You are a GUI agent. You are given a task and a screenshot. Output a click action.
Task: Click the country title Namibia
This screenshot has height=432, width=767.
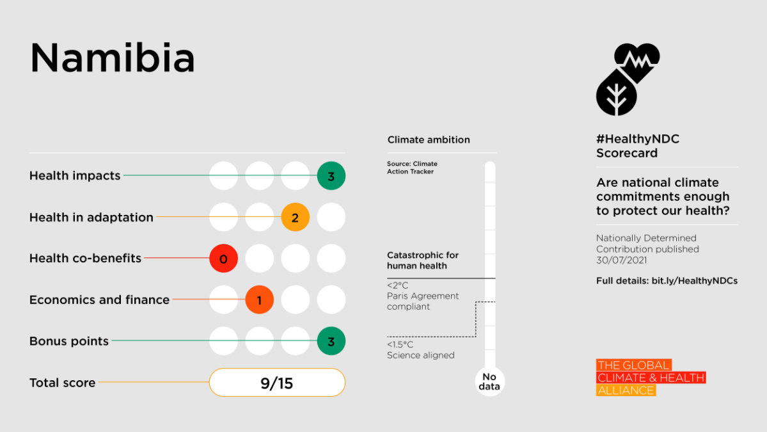pyautogui.click(x=113, y=58)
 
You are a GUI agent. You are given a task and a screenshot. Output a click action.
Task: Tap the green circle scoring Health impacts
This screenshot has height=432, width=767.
pyautogui.click(x=331, y=176)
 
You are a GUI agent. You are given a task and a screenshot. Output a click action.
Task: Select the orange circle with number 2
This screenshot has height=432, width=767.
pyautogui.click(x=295, y=218)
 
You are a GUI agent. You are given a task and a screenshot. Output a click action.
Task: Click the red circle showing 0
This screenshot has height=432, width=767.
pyautogui.click(x=223, y=259)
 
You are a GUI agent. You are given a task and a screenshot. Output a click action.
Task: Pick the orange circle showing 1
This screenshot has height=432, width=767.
pyautogui.click(x=259, y=300)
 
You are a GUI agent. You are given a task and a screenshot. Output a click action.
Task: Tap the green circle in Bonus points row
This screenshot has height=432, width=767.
pyautogui.click(x=331, y=342)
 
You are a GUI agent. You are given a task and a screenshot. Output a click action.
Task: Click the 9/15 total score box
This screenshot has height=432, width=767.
pyautogui.click(x=277, y=383)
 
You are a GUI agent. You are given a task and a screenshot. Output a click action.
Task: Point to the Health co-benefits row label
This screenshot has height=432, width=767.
pyautogui.click(x=85, y=259)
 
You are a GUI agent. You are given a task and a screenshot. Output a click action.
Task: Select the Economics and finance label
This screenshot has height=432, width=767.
pyautogui.click(x=99, y=300)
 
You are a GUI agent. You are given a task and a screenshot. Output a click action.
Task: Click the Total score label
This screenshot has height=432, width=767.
pyautogui.click(x=62, y=383)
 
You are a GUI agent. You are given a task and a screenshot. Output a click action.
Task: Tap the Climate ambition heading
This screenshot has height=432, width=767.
pyautogui.click(x=429, y=140)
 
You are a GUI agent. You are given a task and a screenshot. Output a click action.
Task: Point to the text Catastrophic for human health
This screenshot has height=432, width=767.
pyautogui.click(x=423, y=260)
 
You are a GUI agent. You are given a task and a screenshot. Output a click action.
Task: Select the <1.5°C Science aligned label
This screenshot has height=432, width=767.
pyautogui.click(x=420, y=350)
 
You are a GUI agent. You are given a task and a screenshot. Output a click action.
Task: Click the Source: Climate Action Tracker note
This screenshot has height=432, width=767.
pyautogui.click(x=412, y=168)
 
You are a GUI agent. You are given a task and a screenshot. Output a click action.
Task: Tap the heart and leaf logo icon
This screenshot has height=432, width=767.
pyautogui.click(x=628, y=79)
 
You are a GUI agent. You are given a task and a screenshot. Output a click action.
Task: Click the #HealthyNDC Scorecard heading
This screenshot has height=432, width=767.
pyautogui.click(x=638, y=146)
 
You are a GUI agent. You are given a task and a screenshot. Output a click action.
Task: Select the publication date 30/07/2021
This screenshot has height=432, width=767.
pyautogui.click(x=621, y=260)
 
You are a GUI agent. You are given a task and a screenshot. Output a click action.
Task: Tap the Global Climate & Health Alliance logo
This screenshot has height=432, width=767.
pyautogui.click(x=650, y=378)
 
